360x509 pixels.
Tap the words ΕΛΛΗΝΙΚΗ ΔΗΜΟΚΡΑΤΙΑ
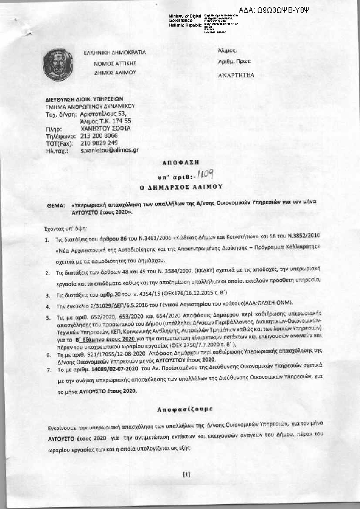coord(110,54)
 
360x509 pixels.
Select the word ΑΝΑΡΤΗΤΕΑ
coord(236,76)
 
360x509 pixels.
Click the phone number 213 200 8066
coord(99,135)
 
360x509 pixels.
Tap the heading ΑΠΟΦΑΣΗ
coord(179,164)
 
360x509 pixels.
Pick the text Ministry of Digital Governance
coord(185,18)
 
